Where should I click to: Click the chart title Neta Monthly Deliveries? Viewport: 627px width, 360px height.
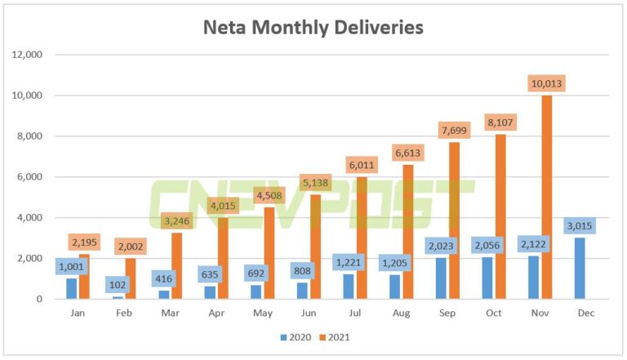point(313,27)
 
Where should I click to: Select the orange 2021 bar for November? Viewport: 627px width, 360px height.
point(546,197)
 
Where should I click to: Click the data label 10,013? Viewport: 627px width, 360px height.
point(546,83)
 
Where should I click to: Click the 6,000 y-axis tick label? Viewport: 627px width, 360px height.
point(29,177)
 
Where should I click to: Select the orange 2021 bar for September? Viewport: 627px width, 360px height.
point(452,220)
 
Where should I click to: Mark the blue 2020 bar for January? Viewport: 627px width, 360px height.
point(71,289)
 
